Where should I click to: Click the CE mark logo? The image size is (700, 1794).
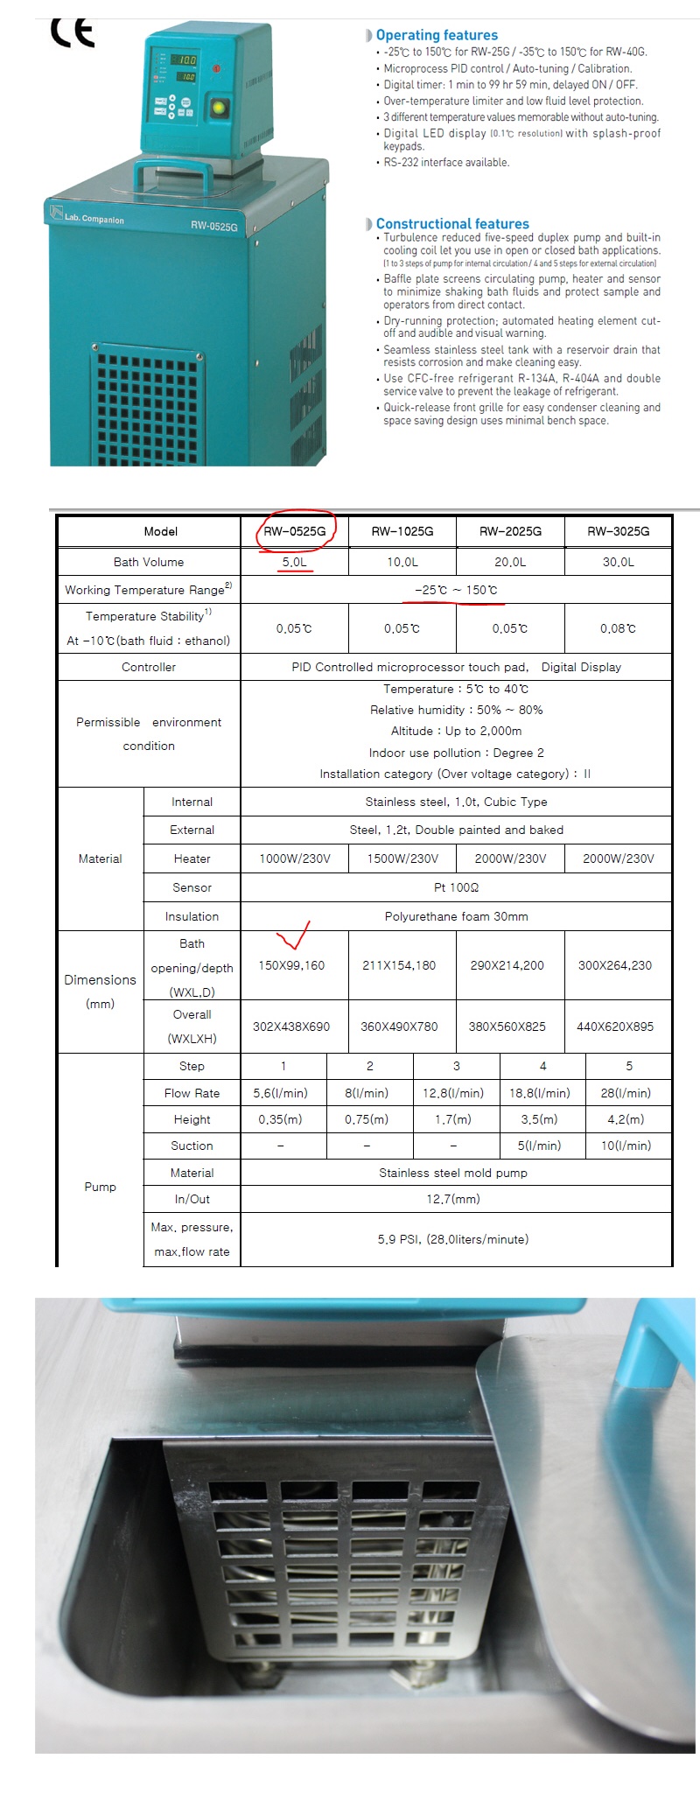coord(73,32)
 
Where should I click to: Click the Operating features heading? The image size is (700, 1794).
coord(436,35)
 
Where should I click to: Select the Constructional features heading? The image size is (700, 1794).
coord(451,224)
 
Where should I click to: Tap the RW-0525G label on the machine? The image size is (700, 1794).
coord(213,226)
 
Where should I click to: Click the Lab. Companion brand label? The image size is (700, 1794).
coord(94,219)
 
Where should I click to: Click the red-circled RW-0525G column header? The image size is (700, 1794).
coord(295,531)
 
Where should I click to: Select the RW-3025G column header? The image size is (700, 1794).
coord(618,531)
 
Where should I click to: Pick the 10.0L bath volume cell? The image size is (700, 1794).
coord(402,562)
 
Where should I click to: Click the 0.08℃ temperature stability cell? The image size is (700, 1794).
coord(618,628)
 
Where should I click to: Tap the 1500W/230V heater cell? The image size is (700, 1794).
coord(402,858)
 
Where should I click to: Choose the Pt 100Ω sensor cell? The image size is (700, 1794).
coord(456,887)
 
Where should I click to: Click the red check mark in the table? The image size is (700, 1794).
coord(295,936)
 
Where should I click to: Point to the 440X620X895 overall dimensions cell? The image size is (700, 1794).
coord(615,1027)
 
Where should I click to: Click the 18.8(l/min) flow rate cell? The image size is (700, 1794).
coord(540,1093)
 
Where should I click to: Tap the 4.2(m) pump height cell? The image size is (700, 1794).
coord(626,1119)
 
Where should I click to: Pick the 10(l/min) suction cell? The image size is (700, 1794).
coord(626,1146)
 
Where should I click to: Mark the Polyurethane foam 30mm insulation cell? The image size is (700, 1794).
coord(456,916)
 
